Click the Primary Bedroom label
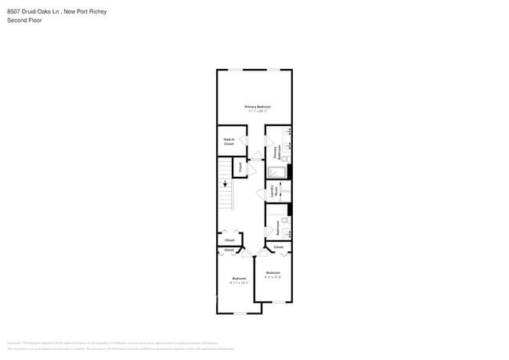pos(257,106)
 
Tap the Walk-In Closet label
pos(229,142)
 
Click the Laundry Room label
pos(273,191)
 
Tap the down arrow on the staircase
pos(226,185)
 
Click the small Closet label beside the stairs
pos(240,167)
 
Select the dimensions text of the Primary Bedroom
pos(257,111)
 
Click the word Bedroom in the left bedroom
pos(239,279)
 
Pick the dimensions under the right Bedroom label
pos(273,277)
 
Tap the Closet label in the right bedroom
pos(278,247)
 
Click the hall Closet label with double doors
pos(229,240)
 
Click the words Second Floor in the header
pos(23,20)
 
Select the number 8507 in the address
pos(15,12)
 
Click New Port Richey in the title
pos(85,12)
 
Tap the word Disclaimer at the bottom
pos(14,343)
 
